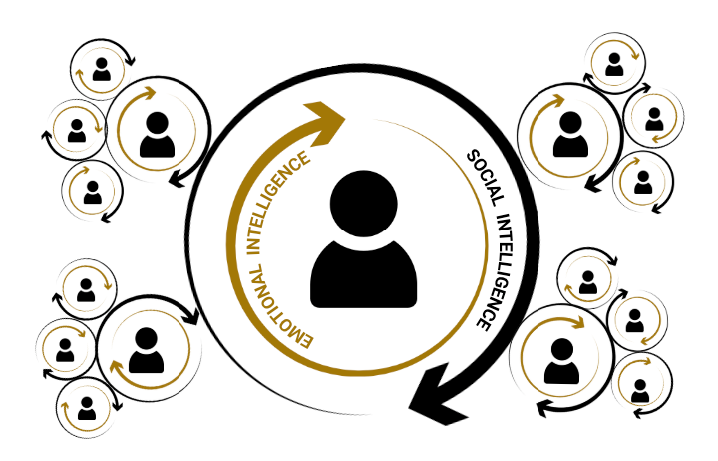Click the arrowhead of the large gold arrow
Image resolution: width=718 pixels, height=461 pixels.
click(x=329, y=122)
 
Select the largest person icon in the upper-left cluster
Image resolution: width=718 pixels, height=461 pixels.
click(x=157, y=135)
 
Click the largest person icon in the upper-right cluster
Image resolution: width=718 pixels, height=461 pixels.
click(x=569, y=133)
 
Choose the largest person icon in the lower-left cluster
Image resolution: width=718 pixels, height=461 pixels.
click(x=146, y=349)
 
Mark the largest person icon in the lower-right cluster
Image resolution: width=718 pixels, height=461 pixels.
click(x=560, y=360)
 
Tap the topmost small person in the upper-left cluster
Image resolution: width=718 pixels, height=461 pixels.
click(x=101, y=68)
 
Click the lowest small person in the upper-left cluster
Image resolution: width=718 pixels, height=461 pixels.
click(x=92, y=190)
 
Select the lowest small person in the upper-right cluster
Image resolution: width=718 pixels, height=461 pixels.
click(x=643, y=182)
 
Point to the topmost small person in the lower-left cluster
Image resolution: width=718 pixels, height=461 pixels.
click(x=87, y=289)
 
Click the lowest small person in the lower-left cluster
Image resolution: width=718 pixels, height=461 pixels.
click(x=87, y=408)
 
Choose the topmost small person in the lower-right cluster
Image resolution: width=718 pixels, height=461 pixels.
click(x=588, y=283)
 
